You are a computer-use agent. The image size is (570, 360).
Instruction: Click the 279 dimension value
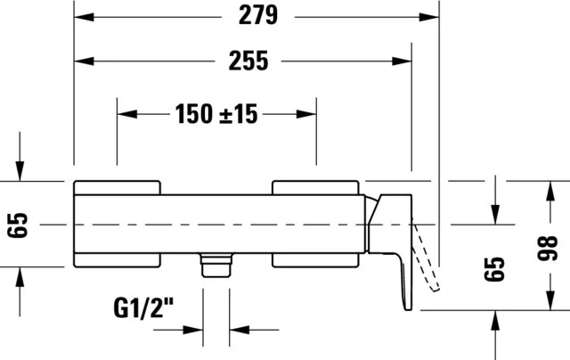(x=258, y=16)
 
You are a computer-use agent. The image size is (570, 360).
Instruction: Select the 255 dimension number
(x=248, y=61)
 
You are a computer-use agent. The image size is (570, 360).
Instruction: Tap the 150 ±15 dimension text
(x=216, y=114)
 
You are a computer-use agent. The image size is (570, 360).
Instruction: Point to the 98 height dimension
(x=547, y=248)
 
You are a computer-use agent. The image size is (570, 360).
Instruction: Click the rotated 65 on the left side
(x=18, y=225)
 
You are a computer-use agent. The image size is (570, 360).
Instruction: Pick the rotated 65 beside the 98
(x=494, y=269)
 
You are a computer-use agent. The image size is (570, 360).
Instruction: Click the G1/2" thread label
(x=143, y=308)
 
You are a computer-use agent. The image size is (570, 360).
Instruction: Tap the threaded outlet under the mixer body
(x=216, y=266)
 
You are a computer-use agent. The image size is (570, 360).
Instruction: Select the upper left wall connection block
(x=117, y=188)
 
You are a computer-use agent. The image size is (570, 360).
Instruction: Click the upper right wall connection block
(x=315, y=188)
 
